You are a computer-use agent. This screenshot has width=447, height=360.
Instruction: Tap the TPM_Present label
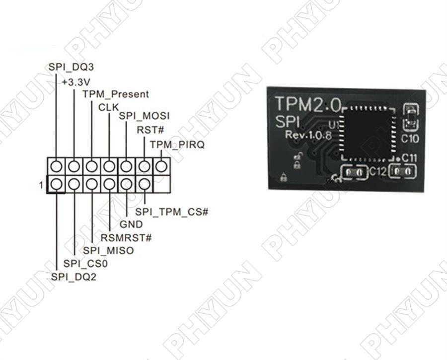[x=115, y=94]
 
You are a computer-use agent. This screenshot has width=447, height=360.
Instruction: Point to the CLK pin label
[x=109, y=106]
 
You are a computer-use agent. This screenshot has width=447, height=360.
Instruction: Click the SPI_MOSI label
[x=144, y=116]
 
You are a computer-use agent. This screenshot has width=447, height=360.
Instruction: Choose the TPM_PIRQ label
[x=177, y=144]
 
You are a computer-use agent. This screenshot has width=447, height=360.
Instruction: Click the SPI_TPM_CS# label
[x=171, y=212]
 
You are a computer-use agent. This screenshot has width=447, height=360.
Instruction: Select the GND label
[x=131, y=224]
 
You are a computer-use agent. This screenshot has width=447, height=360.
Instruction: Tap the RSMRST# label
[x=126, y=237]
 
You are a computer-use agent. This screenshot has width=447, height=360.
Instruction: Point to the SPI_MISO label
[x=108, y=251]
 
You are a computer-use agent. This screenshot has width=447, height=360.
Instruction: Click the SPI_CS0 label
[x=86, y=264]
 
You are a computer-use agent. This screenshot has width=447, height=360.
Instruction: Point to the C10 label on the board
[x=410, y=140]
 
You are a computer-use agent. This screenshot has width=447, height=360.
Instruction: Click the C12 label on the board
[x=378, y=171]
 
